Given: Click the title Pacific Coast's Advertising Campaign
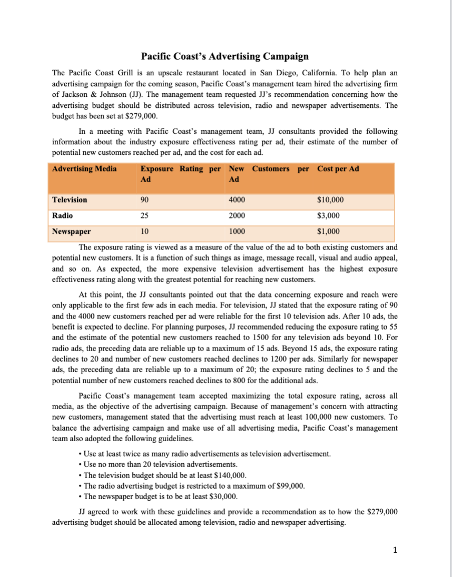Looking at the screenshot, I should point(225,56).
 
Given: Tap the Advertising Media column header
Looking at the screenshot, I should point(84,168).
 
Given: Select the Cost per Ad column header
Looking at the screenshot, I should point(338,168).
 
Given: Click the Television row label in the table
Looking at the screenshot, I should point(70,200).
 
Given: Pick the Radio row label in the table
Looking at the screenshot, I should point(63,215).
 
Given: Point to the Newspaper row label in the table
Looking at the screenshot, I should point(71,231).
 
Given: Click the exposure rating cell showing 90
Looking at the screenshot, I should point(145,200).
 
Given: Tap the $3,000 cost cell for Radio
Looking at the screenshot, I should point(328,215).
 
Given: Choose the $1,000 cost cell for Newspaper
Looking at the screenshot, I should point(328,231).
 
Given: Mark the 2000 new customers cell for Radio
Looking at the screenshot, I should point(237,215).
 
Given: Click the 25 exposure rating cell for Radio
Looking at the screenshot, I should point(145,215).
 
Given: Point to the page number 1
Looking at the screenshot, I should point(395,551).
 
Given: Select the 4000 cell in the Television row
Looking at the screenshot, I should point(237,200).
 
